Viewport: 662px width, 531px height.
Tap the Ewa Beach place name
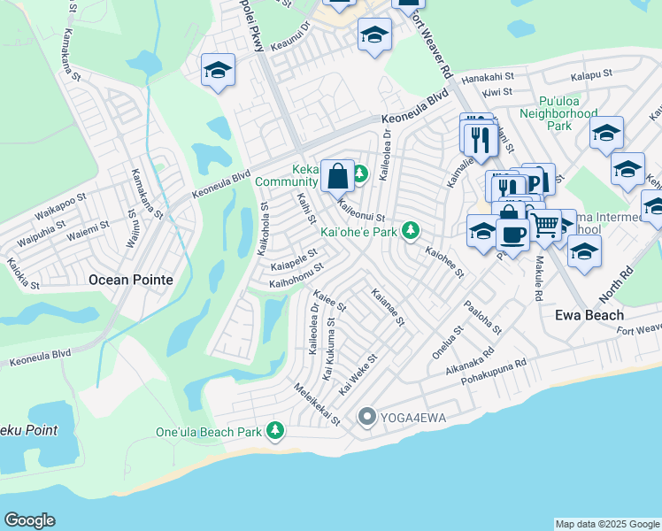tap(589, 315)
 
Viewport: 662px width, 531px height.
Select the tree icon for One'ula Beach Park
tap(276, 430)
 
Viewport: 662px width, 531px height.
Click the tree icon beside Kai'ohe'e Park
tap(410, 231)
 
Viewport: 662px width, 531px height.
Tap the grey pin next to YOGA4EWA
tap(367, 416)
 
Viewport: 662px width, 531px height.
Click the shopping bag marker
tap(338, 175)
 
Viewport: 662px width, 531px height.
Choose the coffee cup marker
tap(512, 234)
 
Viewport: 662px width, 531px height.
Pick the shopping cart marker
tap(543, 226)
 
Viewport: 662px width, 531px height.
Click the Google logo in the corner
tap(29, 520)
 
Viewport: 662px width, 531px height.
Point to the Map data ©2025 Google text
tap(607, 524)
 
